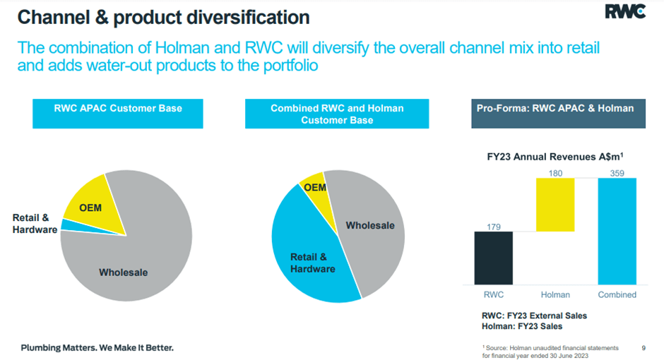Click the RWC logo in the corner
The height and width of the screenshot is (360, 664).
pyautogui.click(x=625, y=11)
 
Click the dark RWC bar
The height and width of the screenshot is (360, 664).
pyautogui.click(x=493, y=258)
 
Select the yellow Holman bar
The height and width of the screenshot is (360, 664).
pyautogui.click(x=555, y=205)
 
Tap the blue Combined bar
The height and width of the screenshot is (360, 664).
pyautogui.click(x=617, y=232)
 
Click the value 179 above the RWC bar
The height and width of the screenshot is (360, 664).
pyautogui.click(x=494, y=227)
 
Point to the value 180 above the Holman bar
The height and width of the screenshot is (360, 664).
pyautogui.click(x=556, y=173)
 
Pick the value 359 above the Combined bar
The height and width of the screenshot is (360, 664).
pyautogui.click(x=617, y=173)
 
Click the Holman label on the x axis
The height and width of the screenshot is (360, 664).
pyautogui.click(x=555, y=295)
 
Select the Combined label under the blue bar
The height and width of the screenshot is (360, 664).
pyautogui.click(x=617, y=295)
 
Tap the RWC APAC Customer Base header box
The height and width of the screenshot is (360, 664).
pyautogui.click(x=118, y=114)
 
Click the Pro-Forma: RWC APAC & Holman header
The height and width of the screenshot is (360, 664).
pyautogui.click(x=559, y=114)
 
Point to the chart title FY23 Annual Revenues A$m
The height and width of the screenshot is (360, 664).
pyautogui.click(x=555, y=157)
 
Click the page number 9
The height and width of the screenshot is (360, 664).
pyautogui.click(x=644, y=348)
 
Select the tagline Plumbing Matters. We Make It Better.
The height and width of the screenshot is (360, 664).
pyautogui.click(x=97, y=348)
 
